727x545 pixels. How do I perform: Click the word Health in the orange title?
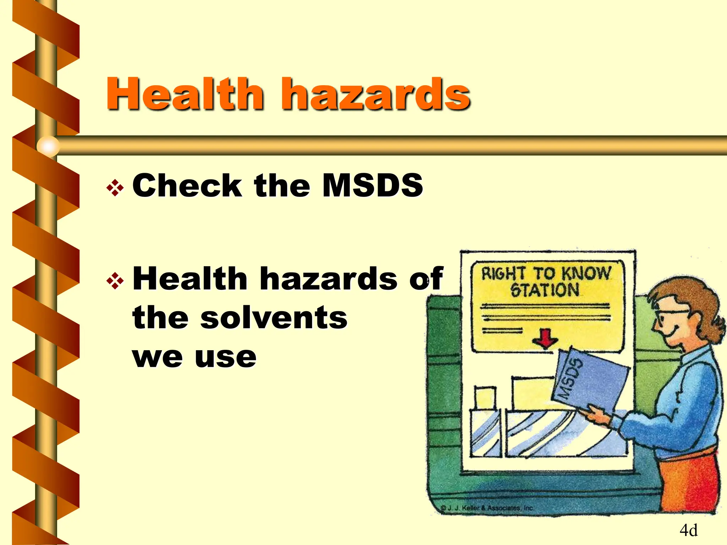pyautogui.click(x=185, y=94)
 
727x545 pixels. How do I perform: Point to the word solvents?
pyautogui.click(x=274, y=318)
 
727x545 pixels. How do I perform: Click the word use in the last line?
pyautogui.click(x=225, y=357)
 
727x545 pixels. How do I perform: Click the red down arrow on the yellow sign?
pyautogui.click(x=545, y=338)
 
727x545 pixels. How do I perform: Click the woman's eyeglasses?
pyautogui.click(x=667, y=316)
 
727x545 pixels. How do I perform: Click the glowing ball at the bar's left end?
pyautogui.click(x=48, y=146)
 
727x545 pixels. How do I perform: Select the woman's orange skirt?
pyautogui.click(x=689, y=483)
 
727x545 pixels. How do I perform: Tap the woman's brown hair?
pyautogui.click(x=696, y=302)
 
